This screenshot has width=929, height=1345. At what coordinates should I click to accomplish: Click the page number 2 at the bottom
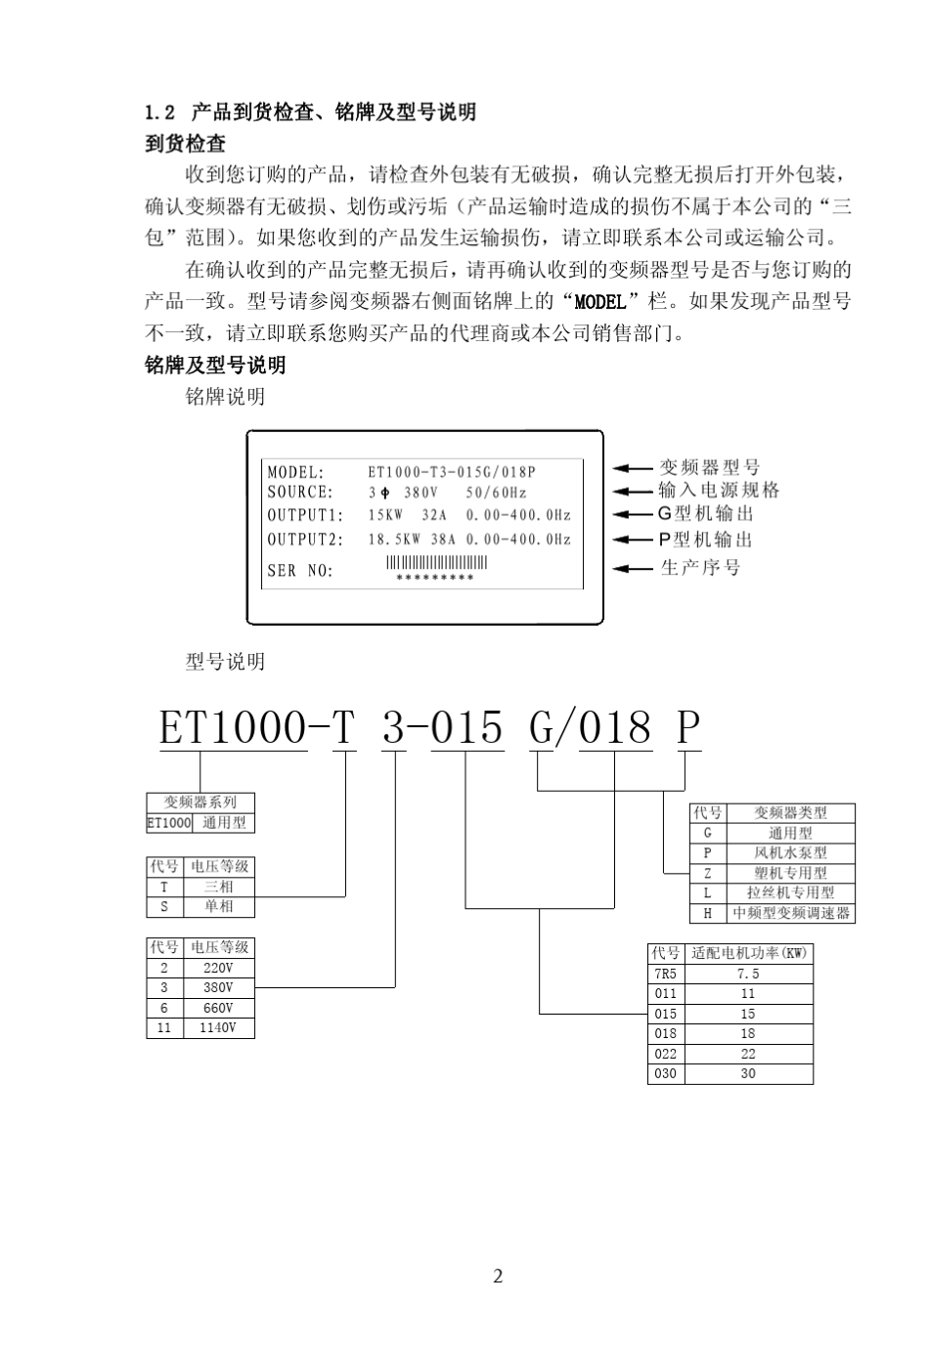pos(498,1276)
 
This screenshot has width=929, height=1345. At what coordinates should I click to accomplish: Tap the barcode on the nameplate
pos(436,562)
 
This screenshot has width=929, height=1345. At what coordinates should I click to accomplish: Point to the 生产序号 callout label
pos(700,568)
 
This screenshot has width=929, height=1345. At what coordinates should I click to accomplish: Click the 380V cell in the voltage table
pos(218,988)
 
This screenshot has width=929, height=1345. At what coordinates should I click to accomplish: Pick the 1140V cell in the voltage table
pos(218,1028)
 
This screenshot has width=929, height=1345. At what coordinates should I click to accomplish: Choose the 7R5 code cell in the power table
pos(666,974)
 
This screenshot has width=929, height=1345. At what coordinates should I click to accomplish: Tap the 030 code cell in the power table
pos(666,1073)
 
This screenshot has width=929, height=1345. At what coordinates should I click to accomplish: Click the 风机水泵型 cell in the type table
pos(790,853)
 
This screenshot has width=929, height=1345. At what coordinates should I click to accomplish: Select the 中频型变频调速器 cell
pos(790,913)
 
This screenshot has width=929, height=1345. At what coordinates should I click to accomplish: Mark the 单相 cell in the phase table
pos(218,906)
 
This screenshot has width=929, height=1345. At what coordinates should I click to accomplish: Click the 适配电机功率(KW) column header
pos(749,953)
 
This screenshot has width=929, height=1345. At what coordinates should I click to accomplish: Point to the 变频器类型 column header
pos(790,813)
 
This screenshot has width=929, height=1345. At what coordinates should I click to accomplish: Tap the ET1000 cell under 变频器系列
pos(169,823)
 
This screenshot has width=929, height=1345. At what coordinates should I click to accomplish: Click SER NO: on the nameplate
pos(300,571)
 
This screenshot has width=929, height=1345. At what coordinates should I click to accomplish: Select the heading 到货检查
pos(186,144)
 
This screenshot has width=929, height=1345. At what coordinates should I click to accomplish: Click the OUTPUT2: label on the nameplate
pos(306,540)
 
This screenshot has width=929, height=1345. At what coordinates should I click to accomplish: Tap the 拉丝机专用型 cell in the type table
pos(790,893)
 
